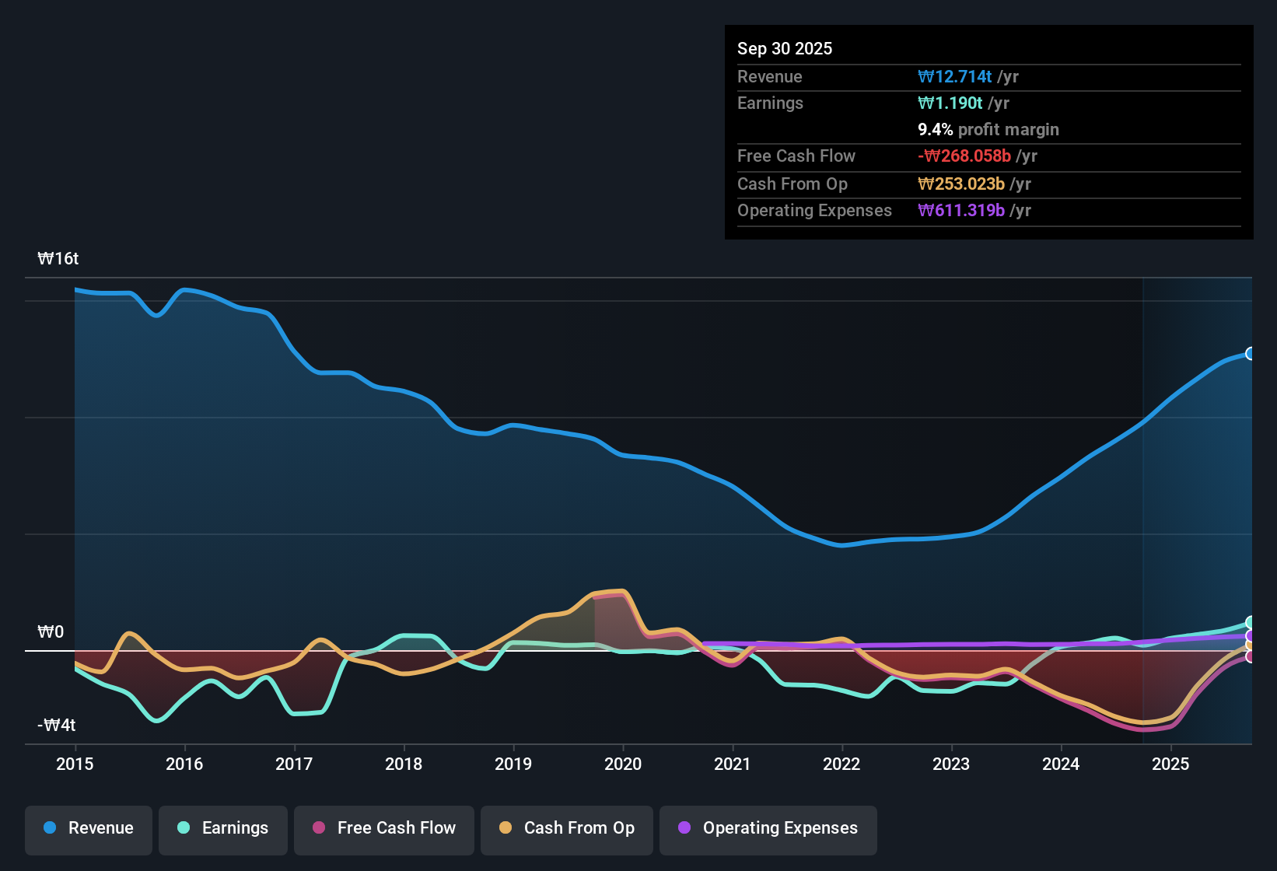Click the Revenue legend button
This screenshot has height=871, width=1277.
89,828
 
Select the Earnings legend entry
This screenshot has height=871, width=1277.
223,828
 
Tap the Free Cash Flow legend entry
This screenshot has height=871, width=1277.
384,828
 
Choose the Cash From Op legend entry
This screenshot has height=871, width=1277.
567,828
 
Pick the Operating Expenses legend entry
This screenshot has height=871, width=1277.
768,828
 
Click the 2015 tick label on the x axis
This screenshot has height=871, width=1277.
75,764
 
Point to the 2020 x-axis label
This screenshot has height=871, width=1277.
623,764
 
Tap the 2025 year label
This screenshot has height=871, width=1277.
1170,764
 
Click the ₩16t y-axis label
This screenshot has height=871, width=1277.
58,259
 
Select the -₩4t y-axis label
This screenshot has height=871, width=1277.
57,726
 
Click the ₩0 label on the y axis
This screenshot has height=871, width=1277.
51,632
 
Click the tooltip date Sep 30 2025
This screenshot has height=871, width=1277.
785,49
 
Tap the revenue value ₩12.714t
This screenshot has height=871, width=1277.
954,77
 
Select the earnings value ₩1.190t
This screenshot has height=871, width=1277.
950,103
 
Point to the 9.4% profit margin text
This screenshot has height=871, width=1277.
988,130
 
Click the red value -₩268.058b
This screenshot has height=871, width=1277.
964,156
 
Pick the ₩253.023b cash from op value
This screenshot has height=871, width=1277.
961,184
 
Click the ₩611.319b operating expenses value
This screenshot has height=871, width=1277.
961,211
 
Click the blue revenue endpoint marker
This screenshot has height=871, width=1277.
1250,354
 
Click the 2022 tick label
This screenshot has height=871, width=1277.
841,764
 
